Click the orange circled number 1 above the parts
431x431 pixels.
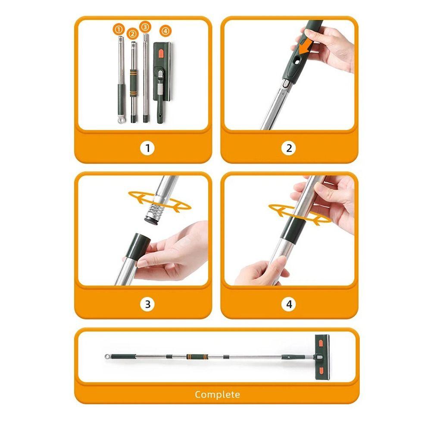click(119, 29)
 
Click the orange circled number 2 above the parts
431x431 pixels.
click(132, 34)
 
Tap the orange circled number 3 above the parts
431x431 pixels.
click(145, 27)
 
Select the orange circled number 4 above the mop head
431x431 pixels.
click(165, 31)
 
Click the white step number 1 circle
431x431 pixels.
click(147, 148)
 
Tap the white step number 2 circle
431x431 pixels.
click(289, 148)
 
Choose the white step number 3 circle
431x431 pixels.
click(147, 304)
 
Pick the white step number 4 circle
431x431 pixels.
click(289, 304)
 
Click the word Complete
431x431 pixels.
click(217, 395)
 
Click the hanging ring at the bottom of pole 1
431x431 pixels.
click(120, 120)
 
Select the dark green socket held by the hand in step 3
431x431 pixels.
click(138, 246)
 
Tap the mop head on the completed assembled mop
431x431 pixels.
click(322, 357)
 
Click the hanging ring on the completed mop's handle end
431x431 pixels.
click(107, 357)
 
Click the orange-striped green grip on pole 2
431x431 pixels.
click(134, 83)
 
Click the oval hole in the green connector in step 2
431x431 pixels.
click(297, 62)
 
